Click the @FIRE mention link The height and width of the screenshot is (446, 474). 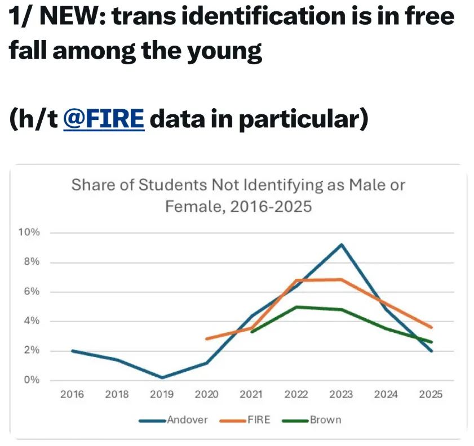pyautogui.click(x=104, y=119)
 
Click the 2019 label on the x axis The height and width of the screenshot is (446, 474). pyautogui.click(x=161, y=395)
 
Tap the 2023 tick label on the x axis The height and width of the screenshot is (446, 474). pyautogui.click(x=341, y=395)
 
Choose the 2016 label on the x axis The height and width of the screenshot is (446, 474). pyautogui.click(x=72, y=395)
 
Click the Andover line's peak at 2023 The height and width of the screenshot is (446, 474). pyautogui.click(x=341, y=244)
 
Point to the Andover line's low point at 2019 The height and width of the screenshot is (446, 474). pyautogui.click(x=161, y=377)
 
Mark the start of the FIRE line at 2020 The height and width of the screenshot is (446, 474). pyautogui.click(x=206, y=338)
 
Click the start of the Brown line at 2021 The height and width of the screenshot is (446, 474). pyautogui.click(x=251, y=331)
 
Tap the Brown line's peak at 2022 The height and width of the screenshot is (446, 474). pyautogui.click(x=296, y=307)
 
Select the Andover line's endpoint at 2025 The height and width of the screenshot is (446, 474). pyautogui.click(x=431, y=351)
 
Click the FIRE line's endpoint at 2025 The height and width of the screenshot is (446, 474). pyautogui.click(x=431, y=327)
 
